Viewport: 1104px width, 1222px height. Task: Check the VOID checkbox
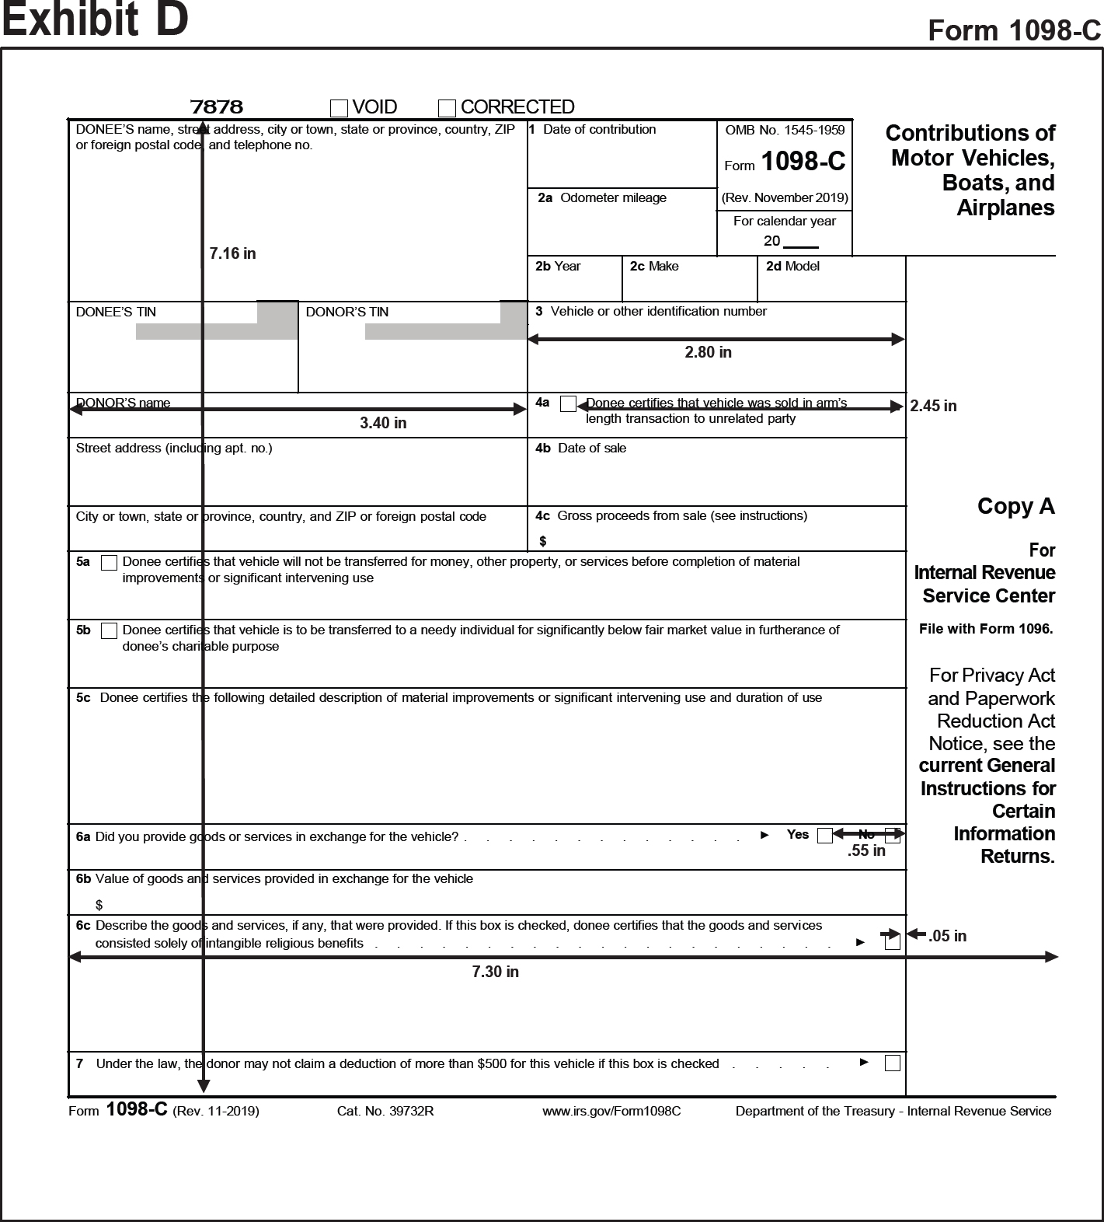click(x=339, y=107)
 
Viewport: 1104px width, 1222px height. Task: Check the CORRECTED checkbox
click(x=447, y=107)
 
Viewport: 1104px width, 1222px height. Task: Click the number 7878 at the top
click(x=217, y=106)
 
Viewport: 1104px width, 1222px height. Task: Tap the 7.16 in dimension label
click(x=232, y=253)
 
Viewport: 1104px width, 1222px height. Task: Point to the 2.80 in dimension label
click(x=708, y=352)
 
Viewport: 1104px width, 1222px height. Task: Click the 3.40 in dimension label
click(x=383, y=423)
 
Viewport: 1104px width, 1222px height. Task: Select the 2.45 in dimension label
click(x=933, y=406)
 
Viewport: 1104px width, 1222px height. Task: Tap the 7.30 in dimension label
click(x=495, y=972)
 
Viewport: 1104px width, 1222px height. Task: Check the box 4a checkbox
click(x=568, y=403)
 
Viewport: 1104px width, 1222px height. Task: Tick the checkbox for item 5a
click(x=110, y=563)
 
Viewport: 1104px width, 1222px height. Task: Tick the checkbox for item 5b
click(x=110, y=630)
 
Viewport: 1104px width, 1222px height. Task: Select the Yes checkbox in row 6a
click(x=825, y=836)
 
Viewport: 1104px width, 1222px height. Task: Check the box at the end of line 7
click(x=893, y=1063)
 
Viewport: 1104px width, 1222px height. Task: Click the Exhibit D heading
click(x=95, y=20)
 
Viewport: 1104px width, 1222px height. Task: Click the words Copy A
click(x=1015, y=506)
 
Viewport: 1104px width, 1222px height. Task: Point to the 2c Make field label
click(x=654, y=267)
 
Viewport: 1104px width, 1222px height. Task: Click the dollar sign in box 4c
click(x=543, y=541)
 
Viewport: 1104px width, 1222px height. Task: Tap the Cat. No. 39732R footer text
click(x=385, y=1111)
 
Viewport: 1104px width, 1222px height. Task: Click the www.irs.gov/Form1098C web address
click(x=611, y=1111)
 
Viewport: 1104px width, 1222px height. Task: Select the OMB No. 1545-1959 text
click(x=785, y=131)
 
